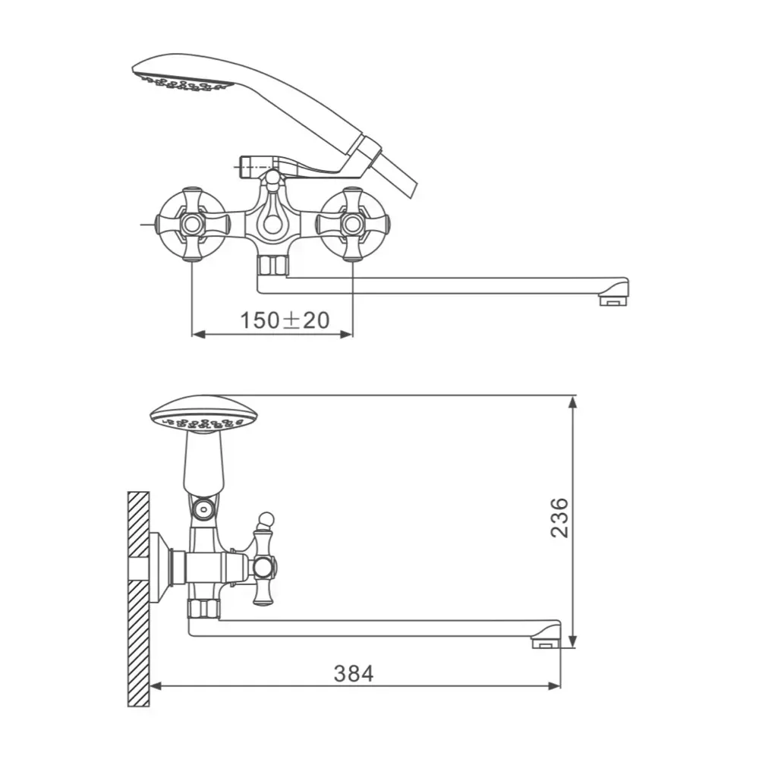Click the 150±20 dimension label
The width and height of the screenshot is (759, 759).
tap(285, 320)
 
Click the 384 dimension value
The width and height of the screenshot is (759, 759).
tap(354, 673)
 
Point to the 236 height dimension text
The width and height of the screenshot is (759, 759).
tap(559, 518)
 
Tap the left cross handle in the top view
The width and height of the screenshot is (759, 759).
tap(192, 224)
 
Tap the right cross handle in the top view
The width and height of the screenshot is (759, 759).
tap(353, 224)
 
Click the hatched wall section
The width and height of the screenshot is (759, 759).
tap(138, 599)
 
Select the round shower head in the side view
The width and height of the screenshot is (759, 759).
tap(203, 415)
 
